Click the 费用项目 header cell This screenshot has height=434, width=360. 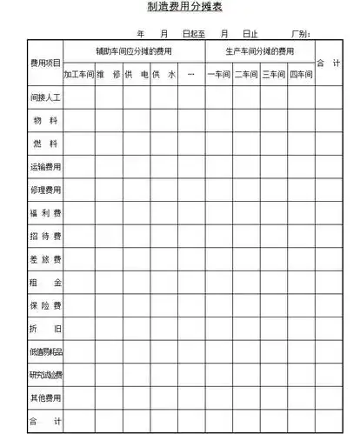tap(45, 63)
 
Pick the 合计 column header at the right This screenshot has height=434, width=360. tap(327, 63)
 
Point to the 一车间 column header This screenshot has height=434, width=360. tap(218, 75)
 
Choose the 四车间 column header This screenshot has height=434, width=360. tap(300, 75)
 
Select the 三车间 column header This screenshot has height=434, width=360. tap(273, 75)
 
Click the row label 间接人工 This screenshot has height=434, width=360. tap(45, 97)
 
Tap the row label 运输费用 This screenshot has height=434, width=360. tap(45, 166)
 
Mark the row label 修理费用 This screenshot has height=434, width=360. tap(45, 189)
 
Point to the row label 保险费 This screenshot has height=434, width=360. tap(45, 305)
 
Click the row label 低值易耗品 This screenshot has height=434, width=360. tap(45, 352)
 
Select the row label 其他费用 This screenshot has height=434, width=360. tap(45, 398)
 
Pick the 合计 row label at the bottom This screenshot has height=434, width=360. tap(45, 421)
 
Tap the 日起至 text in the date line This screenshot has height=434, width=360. tap(193, 34)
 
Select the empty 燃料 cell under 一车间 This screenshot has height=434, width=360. tap(218, 143)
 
